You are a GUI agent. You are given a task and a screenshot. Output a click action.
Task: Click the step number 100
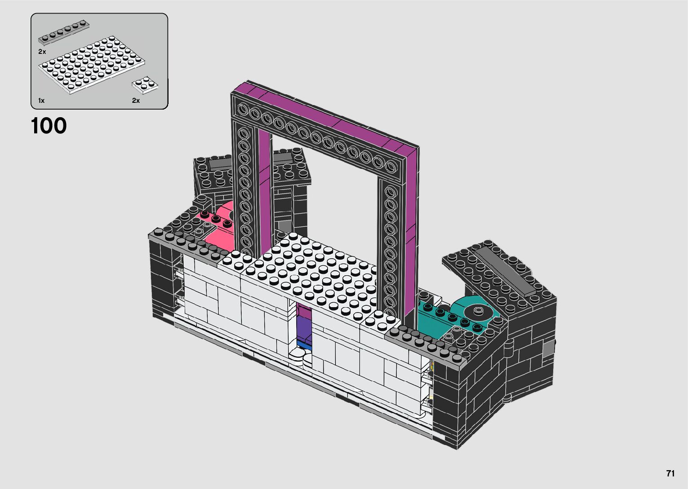point(49,126)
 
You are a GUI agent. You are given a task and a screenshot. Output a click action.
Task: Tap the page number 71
point(670,473)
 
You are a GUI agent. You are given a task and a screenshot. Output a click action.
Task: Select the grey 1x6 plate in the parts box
point(63,32)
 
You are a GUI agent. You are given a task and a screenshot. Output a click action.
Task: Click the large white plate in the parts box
point(92,65)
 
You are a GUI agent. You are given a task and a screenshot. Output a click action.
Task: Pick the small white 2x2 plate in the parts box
point(145,84)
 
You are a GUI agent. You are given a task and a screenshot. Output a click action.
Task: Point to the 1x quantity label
point(41,101)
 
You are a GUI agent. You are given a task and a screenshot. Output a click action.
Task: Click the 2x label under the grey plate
point(42,52)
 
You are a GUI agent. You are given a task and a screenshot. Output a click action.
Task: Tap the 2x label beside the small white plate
point(136,101)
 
